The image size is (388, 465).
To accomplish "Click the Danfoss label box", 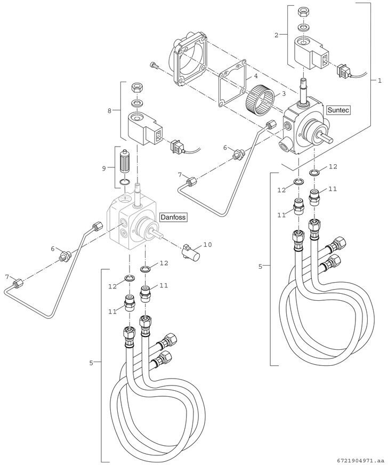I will coord(174,218).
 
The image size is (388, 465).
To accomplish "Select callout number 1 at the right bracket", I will coord(379,81).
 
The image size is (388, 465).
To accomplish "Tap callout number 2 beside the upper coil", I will coord(277,35).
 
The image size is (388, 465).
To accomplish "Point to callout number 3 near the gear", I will coord(284,93).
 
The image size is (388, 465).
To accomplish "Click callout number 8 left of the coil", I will coord(110,111).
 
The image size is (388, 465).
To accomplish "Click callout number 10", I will coord(207,245).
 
